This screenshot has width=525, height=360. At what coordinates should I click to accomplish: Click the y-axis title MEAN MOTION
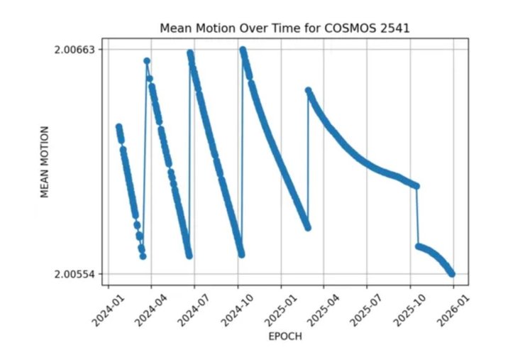click(x=45, y=162)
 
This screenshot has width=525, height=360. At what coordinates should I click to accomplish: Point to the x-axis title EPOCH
click(x=284, y=337)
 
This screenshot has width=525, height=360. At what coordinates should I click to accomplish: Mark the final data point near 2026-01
click(x=452, y=273)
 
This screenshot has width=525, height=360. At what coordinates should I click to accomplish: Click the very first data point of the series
click(x=118, y=126)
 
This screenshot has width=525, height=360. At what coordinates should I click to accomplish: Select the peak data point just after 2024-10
click(x=243, y=50)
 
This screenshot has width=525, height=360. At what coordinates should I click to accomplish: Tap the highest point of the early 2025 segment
click(x=308, y=90)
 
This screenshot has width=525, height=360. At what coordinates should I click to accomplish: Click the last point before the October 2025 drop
click(x=416, y=186)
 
